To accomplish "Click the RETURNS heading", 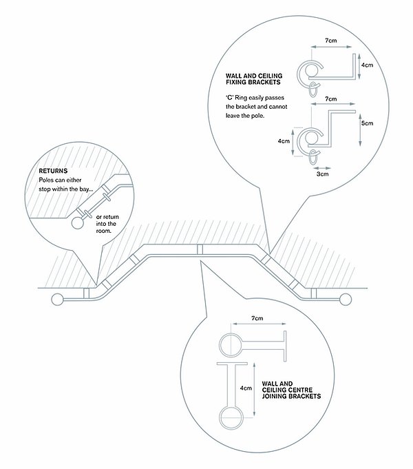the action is (53, 171).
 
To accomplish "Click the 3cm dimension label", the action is (322, 174).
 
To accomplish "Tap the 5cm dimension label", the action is (367, 123).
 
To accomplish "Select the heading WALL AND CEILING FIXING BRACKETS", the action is (254, 79).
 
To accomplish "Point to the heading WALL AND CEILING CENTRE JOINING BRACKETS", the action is (291, 390).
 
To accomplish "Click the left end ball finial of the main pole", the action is (57, 299).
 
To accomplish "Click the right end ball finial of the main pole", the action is (346, 299).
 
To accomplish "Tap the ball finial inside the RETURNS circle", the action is (78, 223).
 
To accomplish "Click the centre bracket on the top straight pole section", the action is (200, 249).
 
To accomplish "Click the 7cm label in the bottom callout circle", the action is (257, 318).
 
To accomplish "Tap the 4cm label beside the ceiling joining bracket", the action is (246, 388).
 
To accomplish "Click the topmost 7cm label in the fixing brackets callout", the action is (331, 41).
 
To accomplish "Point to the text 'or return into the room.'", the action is (107, 224).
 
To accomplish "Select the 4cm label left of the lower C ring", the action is (284, 141).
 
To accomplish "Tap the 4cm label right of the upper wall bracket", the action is (367, 65).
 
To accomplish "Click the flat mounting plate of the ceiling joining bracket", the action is (232, 364).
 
